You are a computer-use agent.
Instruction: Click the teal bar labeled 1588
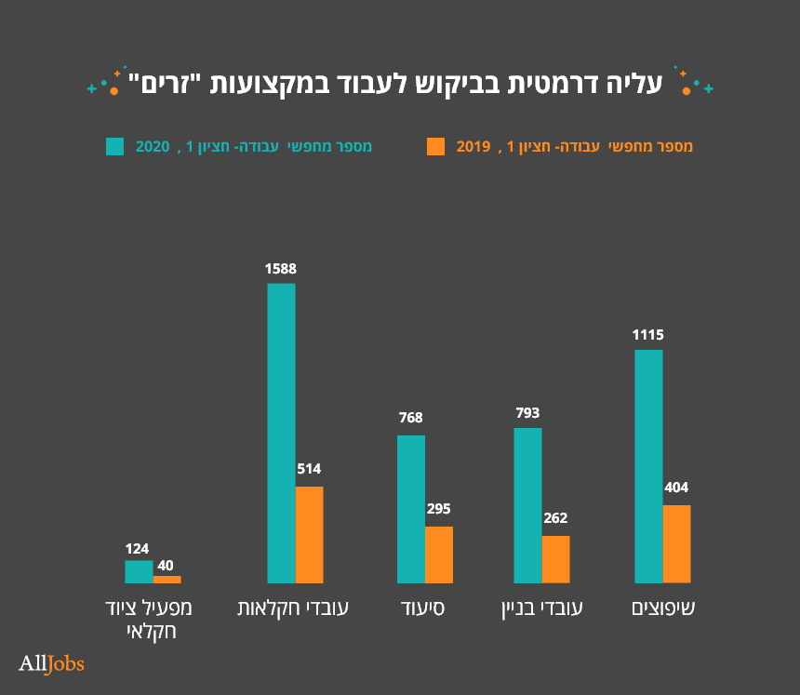[281, 433]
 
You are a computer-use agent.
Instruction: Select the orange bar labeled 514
[309, 534]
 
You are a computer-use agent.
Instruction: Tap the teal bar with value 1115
[648, 466]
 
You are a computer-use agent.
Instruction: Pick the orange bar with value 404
[676, 543]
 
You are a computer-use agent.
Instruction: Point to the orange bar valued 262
[555, 559]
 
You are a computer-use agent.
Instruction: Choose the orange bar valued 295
[439, 555]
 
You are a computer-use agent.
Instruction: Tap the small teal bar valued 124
[139, 571]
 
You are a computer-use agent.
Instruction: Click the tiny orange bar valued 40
[167, 579]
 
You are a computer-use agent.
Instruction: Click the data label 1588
[280, 269]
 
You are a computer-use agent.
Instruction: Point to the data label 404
[676, 488]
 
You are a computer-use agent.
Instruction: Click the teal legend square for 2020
[114, 146]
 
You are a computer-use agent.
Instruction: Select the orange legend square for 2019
[435, 146]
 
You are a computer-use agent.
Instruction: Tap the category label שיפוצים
[663, 609]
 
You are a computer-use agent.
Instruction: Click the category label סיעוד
[424, 609]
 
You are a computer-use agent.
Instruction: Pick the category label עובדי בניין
[540, 609]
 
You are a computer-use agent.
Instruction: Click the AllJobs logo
[51, 663]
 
